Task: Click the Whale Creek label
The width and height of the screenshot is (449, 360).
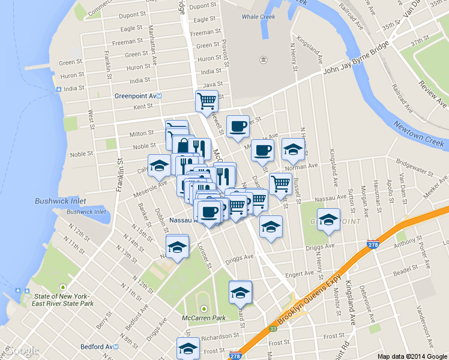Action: pyautogui.click(x=258, y=17)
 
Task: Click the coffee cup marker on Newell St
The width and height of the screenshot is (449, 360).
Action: pyautogui.click(x=238, y=126)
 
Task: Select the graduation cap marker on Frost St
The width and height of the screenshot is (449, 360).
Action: pyautogui.click(x=188, y=349)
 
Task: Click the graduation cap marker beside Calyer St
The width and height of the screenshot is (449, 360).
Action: pyautogui.click(x=159, y=166)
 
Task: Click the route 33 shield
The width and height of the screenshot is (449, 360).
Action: pyautogui.click(x=273, y=329)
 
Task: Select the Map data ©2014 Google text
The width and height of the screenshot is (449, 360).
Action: pyautogui.click(x=412, y=356)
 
